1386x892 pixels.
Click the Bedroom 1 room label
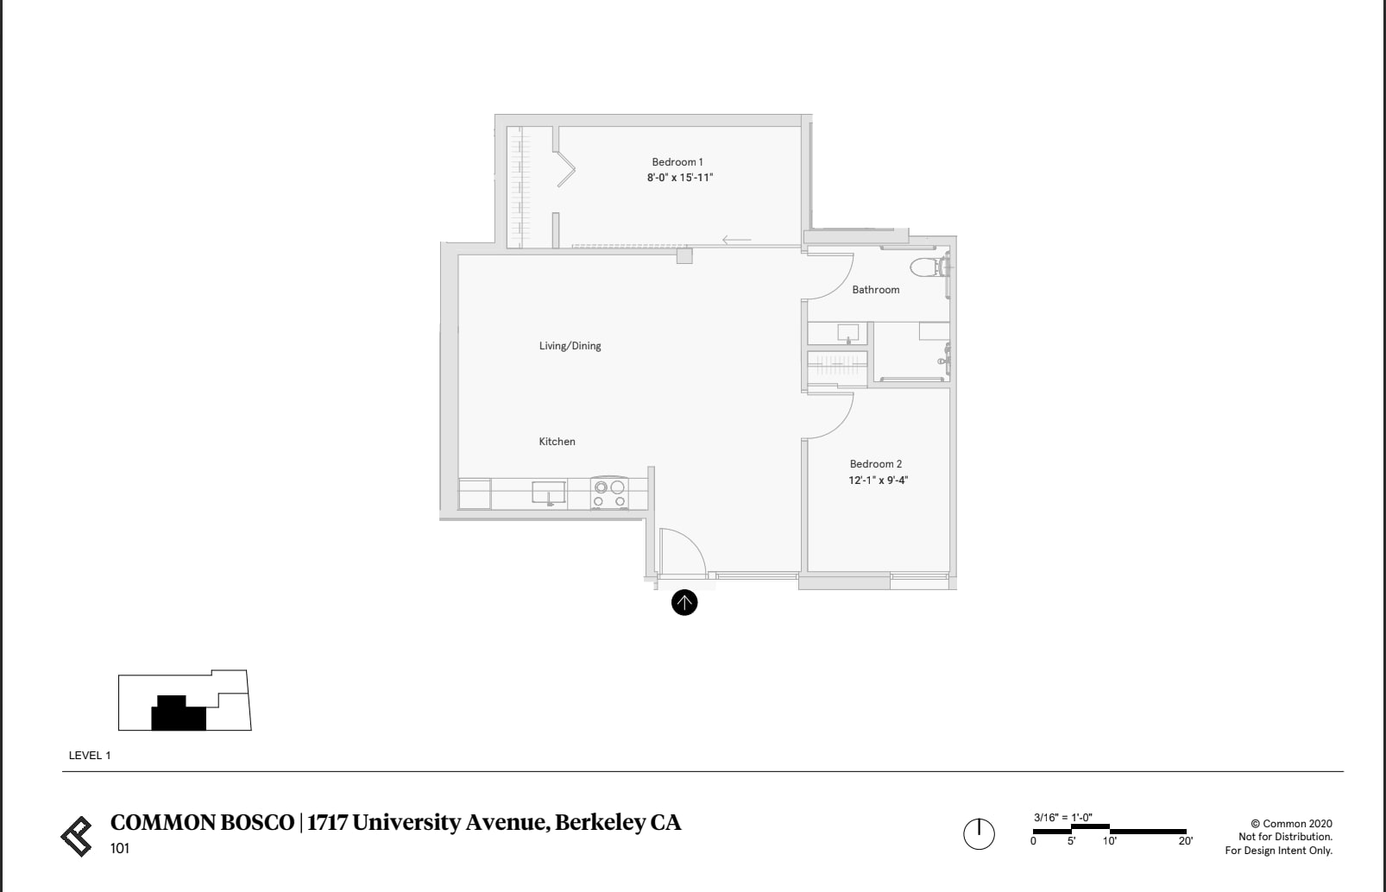point(677,162)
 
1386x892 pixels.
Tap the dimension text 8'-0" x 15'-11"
point(680,178)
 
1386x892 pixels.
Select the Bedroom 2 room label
point(876,464)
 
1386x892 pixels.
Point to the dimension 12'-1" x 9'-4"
point(878,480)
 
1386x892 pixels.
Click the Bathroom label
point(876,290)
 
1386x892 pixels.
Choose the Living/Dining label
point(570,346)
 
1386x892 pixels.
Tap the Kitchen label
point(557,442)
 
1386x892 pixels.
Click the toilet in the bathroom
point(929,267)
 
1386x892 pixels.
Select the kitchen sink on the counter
point(549,493)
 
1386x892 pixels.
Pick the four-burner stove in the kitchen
point(609,493)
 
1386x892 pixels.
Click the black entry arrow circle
point(684,602)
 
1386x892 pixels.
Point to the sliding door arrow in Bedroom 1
point(736,240)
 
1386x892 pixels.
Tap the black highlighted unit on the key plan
point(178,713)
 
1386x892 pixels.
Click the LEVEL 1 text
point(90,756)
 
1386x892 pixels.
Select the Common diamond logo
point(77,836)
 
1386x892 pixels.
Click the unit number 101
point(119,849)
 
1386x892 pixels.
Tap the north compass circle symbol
point(979,834)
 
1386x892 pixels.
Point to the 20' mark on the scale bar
point(1185,840)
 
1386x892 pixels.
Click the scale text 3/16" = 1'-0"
point(1063,817)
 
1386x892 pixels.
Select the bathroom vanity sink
point(847,333)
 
